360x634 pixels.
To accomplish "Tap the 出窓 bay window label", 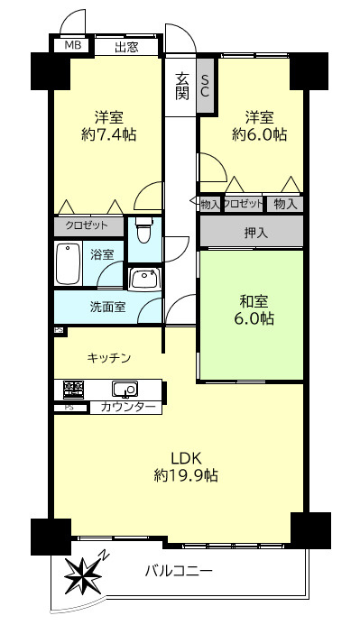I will (126, 47).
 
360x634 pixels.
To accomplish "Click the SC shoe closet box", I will (205, 85).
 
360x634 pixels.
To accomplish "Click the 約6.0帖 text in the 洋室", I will (260, 135).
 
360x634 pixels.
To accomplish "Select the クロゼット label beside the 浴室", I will (88, 225).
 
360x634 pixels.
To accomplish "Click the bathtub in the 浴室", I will (69, 262).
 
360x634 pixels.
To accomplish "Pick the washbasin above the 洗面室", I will (143, 279).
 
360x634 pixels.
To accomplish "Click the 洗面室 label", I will (107, 307).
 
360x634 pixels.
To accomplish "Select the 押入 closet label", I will (255, 233).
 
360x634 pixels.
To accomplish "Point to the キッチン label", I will (109, 358).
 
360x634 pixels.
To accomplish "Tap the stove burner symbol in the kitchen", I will (72, 390).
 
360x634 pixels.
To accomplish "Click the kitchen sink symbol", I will (124, 390).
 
